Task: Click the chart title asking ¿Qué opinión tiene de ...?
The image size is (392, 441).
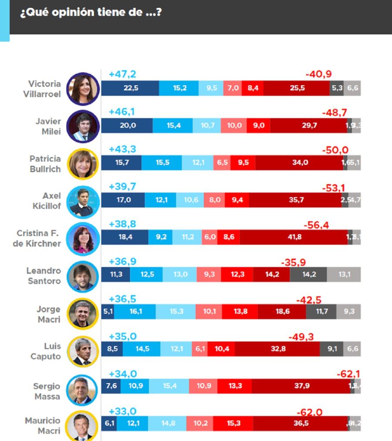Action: click(x=91, y=12)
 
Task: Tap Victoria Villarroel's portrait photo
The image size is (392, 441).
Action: click(x=83, y=89)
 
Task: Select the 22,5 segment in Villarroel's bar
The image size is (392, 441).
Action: click(x=130, y=88)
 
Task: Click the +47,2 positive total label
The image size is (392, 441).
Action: click(x=122, y=74)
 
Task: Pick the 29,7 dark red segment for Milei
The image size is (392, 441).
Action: click(x=308, y=125)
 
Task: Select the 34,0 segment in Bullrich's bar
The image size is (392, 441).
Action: click(x=299, y=163)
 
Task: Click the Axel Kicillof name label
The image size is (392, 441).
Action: click(x=47, y=201)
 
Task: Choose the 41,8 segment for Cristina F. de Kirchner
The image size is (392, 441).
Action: click(x=294, y=237)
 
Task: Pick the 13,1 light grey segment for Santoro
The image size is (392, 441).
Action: click(x=343, y=275)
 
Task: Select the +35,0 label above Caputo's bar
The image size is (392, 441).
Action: click(x=122, y=336)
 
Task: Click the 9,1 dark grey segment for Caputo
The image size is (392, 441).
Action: click(x=332, y=349)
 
